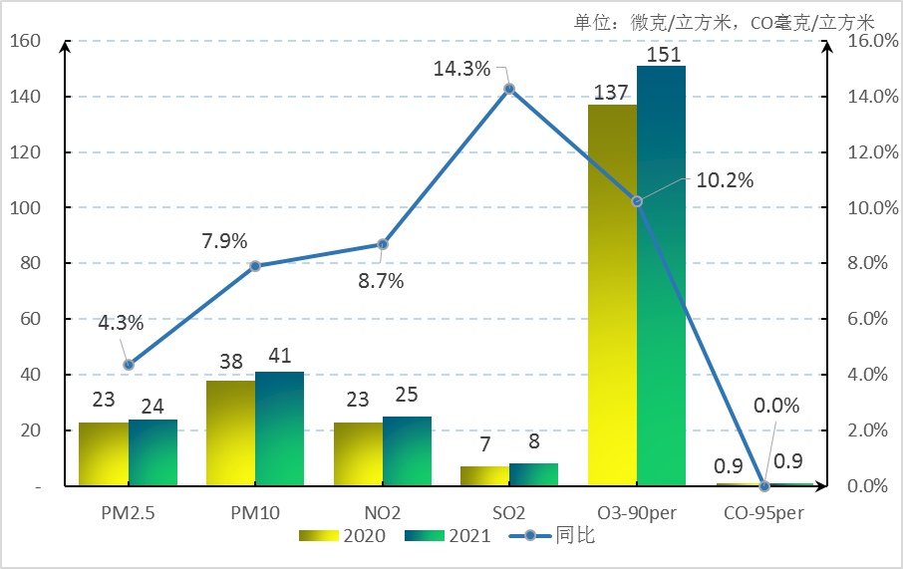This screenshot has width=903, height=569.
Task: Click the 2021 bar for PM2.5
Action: [152, 452]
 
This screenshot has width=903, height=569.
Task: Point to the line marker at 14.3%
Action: [509, 89]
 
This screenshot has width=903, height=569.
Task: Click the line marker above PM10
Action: [255, 266]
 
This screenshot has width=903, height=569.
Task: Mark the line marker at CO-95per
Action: [764, 486]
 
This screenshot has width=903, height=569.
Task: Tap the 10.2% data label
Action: [725, 180]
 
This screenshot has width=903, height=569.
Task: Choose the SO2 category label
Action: [508, 513]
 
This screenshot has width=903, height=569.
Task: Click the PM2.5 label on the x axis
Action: [128, 513]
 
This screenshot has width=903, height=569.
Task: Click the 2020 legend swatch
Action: [318, 536]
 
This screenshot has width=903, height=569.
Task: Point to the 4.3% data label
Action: [121, 323]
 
